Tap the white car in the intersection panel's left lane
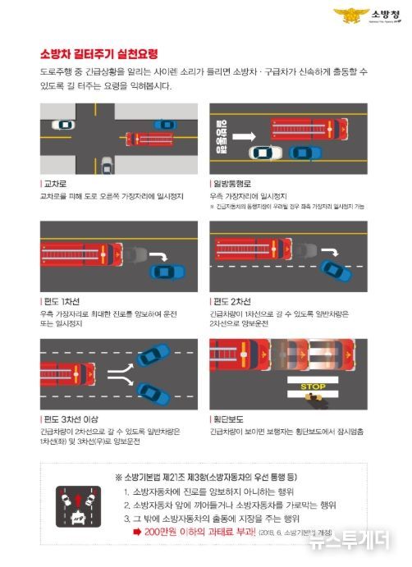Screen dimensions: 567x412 tap(62, 125)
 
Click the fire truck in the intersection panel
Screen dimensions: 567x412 tap(148, 139)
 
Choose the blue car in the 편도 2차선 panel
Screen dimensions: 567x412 tap(334, 269)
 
